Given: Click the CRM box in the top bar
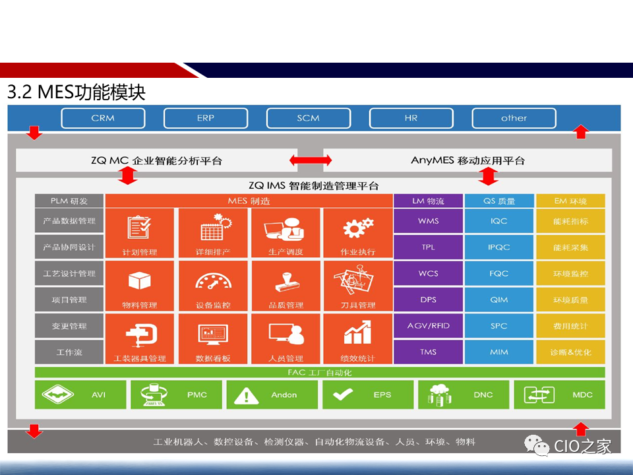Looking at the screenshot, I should click(x=103, y=118).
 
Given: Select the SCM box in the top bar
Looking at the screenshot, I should click(x=308, y=118).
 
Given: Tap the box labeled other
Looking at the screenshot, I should click(x=514, y=118).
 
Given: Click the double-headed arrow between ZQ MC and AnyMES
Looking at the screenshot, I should click(x=310, y=160).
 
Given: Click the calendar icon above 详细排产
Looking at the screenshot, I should click(x=214, y=227).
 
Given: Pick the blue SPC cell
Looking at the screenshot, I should click(x=499, y=326).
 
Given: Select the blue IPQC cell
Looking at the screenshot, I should click(x=499, y=247).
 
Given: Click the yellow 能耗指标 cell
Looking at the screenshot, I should click(x=570, y=221).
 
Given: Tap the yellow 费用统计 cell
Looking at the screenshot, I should click(x=570, y=326).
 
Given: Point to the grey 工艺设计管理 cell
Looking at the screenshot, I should click(x=69, y=273).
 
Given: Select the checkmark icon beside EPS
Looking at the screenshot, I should click(x=342, y=395).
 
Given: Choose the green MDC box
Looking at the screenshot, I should click(x=559, y=395).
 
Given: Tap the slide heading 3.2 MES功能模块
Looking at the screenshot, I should click(x=76, y=92).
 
